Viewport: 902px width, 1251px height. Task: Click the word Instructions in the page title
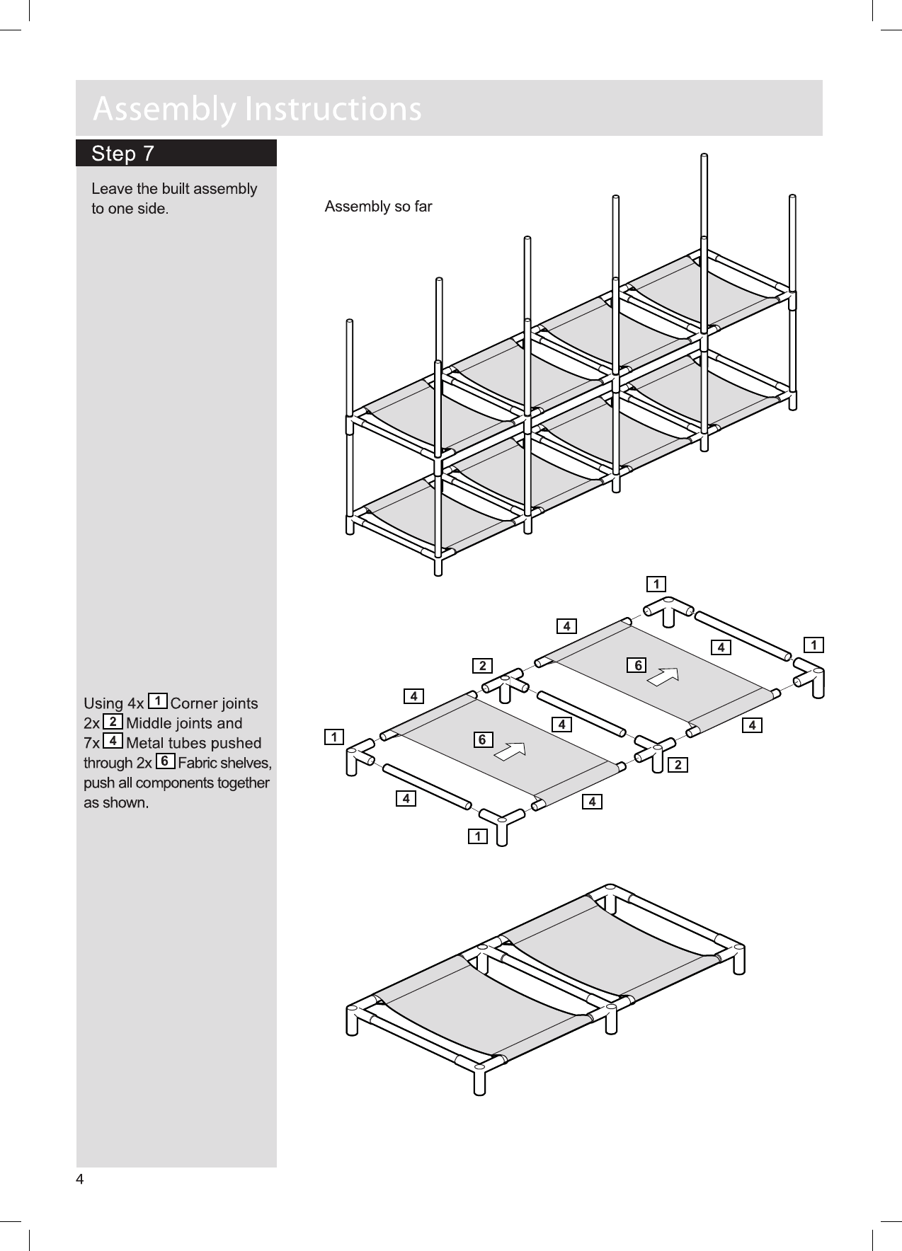coord(332,109)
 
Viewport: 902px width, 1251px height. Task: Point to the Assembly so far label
coord(378,207)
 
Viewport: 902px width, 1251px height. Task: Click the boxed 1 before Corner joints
coord(159,701)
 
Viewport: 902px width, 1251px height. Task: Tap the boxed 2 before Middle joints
coord(113,721)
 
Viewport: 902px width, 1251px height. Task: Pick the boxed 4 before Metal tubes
coord(113,741)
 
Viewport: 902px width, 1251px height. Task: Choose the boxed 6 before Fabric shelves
coord(164,761)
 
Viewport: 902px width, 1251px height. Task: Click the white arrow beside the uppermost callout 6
coord(663,676)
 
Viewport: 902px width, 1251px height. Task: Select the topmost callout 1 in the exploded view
coord(657,584)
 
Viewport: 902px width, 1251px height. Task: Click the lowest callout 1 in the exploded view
coord(478,837)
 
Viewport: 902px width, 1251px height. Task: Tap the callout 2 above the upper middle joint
coord(482,665)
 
